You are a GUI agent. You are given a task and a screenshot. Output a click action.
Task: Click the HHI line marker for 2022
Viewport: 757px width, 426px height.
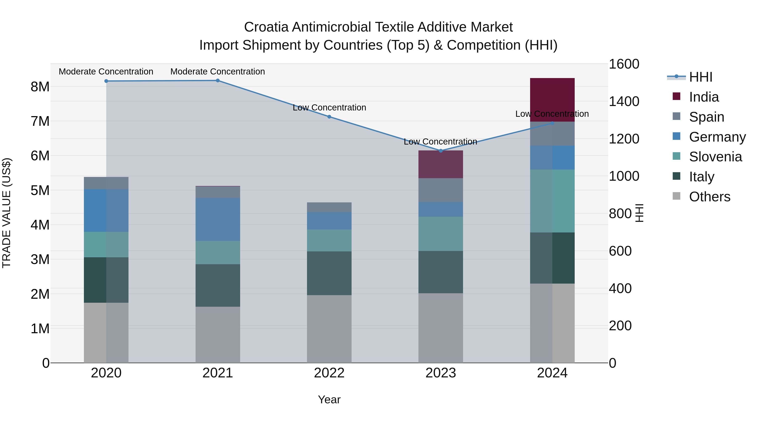(x=329, y=117)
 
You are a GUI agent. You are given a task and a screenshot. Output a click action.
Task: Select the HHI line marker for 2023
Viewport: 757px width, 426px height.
(x=441, y=151)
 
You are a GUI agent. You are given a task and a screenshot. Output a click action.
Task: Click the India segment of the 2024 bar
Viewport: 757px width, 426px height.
(x=552, y=100)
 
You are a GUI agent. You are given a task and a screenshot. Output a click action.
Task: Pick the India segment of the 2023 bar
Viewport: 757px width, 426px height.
(x=441, y=164)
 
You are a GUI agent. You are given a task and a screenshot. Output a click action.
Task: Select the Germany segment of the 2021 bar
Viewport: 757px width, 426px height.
(x=218, y=219)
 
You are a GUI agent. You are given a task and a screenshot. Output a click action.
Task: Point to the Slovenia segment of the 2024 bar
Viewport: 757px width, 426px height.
(x=552, y=201)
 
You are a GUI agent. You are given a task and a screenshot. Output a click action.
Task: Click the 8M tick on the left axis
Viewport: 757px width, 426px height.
(x=40, y=87)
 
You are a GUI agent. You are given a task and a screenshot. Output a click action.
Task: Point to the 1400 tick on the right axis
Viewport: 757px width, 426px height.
(x=624, y=101)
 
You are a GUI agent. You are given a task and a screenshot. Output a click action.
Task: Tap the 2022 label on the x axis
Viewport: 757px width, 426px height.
(x=329, y=373)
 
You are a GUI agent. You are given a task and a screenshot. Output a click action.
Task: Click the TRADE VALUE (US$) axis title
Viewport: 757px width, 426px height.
(x=7, y=213)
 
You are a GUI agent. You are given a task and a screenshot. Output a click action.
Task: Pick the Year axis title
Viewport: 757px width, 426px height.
(x=329, y=399)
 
